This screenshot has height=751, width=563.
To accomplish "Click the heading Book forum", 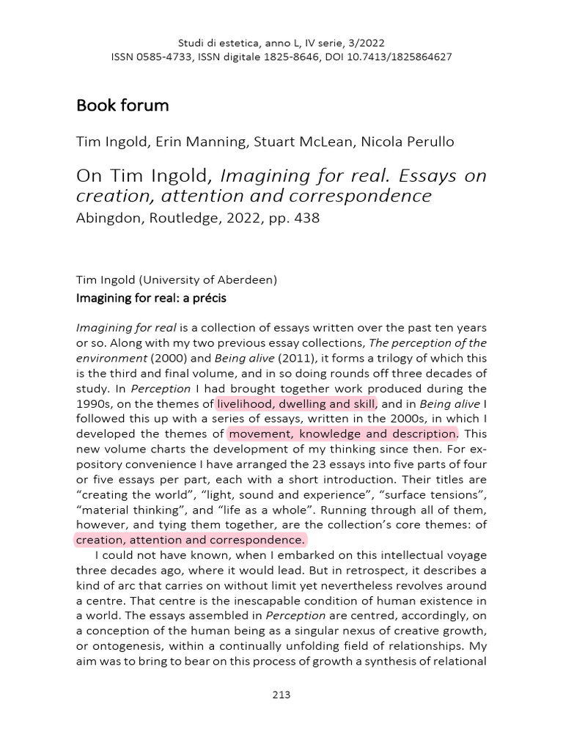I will pyautogui.click(x=122, y=106).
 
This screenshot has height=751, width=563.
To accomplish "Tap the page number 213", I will pyautogui.click(x=281, y=695).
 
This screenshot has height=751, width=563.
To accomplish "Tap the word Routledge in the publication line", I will pyautogui.click(x=168, y=219).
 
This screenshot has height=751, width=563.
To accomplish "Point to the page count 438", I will pyautogui.click(x=307, y=219).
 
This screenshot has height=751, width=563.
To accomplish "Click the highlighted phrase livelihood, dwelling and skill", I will pyautogui.click(x=295, y=403).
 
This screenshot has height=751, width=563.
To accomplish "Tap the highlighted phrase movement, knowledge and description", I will pyautogui.click(x=342, y=434).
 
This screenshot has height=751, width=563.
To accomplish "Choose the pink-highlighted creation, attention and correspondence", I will pyautogui.click(x=190, y=541).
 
